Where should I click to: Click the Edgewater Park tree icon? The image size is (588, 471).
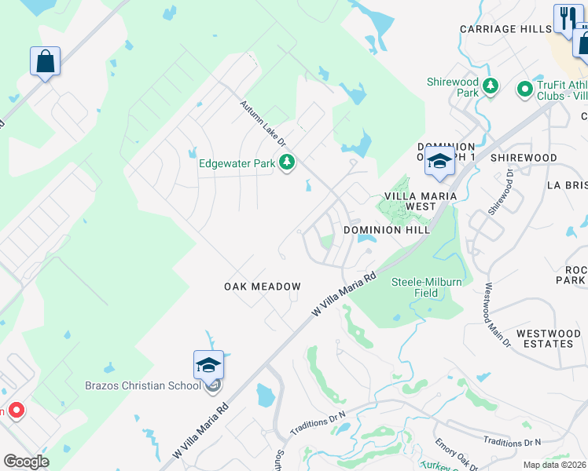point(288,162)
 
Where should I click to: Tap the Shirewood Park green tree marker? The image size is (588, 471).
point(491,86)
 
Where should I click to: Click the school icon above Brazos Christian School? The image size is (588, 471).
point(208,365)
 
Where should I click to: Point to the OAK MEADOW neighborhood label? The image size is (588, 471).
point(263,287)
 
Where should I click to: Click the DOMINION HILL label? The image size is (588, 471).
point(386,230)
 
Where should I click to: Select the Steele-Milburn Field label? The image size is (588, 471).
point(426,287)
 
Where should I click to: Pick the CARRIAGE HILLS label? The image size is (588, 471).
point(505,29)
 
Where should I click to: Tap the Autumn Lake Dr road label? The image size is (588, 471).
point(264,122)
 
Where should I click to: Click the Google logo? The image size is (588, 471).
point(26,462)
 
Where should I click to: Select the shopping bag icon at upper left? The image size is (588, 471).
point(46,61)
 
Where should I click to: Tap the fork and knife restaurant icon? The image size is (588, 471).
point(565,18)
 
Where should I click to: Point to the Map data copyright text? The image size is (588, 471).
point(554,465)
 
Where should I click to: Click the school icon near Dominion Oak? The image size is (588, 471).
point(440,162)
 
